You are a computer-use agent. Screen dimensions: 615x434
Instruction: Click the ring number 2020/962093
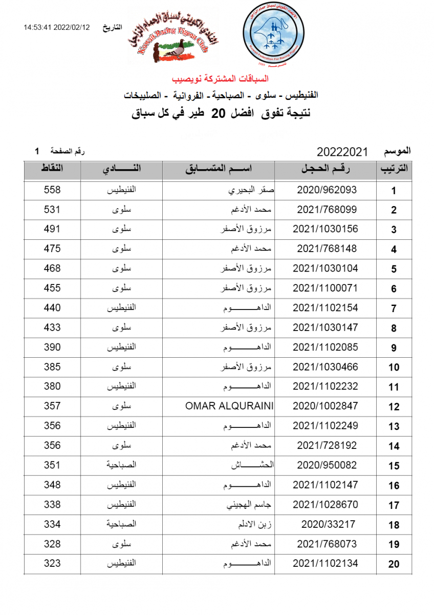[327, 190]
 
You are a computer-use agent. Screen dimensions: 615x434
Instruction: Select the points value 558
[52, 190]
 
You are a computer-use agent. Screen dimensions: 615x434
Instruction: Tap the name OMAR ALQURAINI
[229, 406]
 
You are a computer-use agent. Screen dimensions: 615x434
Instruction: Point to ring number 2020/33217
[327, 524]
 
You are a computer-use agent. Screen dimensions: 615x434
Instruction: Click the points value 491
[52, 229]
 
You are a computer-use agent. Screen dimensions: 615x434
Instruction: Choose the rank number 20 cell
[394, 564]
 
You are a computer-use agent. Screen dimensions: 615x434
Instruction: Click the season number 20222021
[342, 152]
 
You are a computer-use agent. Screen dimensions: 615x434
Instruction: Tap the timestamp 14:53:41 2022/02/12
[57, 27]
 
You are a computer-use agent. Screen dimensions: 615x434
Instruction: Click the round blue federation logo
[272, 33]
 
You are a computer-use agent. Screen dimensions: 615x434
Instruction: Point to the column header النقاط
[52, 169]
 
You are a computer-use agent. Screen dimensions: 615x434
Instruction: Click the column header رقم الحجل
[327, 169]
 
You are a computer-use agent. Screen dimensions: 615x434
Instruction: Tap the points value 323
[52, 564]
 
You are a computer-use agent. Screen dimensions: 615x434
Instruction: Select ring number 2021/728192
[327, 445]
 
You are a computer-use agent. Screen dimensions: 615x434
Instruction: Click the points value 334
[52, 524]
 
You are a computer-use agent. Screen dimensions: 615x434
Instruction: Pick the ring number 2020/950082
[327, 465]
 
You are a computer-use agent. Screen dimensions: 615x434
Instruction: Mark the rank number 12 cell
[394, 406]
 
